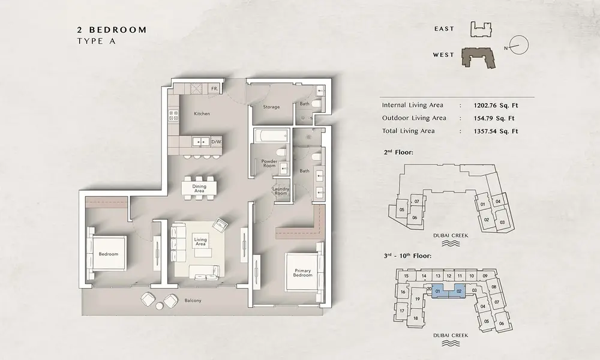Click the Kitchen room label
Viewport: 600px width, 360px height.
[x=202, y=113]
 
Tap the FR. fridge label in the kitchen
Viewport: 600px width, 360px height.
[x=215, y=89]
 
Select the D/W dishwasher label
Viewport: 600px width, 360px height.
[x=216, y=142]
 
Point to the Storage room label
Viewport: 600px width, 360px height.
[x=271, y=107]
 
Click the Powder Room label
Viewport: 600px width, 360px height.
[x=269, y=163]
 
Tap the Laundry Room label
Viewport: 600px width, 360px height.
[x=281, y=191]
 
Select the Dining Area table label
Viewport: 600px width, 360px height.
[x=199, y=188]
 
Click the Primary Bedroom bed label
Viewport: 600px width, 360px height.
[x=302, y=272]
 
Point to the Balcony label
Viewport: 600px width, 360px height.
[x=193, y=301]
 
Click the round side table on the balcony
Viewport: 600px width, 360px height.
[x=159, y=305]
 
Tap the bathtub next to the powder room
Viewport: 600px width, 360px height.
[x=272, y=135]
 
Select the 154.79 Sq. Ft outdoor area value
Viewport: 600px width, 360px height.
[x=494, y=118]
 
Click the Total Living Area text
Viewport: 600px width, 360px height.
[x=408, y=131]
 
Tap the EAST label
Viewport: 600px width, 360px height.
[x=444, y=29]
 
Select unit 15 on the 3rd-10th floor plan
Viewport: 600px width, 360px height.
[x=406, y=276]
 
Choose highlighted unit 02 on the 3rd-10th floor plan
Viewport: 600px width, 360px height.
[x=460, y=291]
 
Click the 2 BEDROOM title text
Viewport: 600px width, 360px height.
[x=112, y=30]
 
